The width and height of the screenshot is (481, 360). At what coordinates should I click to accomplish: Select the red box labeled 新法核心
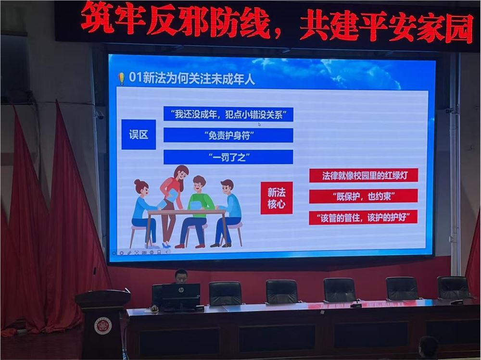(277, 198)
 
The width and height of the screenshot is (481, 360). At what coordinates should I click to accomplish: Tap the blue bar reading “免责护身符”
(228, 135)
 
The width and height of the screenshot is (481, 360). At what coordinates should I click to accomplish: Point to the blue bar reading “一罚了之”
(228, 157)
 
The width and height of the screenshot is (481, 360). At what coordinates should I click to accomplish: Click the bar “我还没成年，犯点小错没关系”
(228, 114)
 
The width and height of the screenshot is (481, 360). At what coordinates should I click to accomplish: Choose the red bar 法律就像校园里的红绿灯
(363, 175)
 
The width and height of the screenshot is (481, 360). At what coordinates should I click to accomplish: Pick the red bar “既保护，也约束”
(363, 196)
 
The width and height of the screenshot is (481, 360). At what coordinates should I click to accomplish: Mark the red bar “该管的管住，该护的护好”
(363, 217)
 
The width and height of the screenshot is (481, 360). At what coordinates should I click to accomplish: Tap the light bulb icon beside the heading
(121, 78)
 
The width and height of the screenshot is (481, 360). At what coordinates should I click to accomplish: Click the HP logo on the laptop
(180, 290)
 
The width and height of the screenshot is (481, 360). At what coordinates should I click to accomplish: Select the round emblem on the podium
(103, 326)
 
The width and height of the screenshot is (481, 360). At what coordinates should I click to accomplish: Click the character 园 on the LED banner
(459, 27)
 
